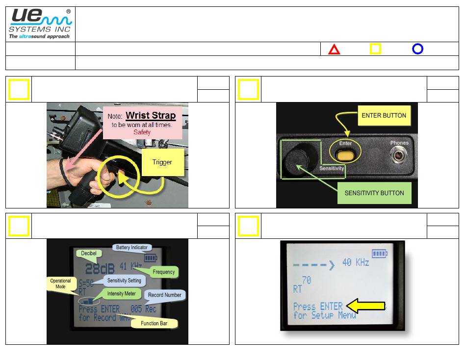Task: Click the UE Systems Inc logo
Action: click(x=40, y=24)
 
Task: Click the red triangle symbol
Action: click(x=334, y=49)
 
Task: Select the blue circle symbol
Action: click(x=417, y=49)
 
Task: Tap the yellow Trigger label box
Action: click(x=162, y=162)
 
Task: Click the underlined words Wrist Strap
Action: click(x=151, y=116)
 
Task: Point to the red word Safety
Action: click(x=142, y=132)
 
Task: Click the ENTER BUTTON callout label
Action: click(x=384, y=116)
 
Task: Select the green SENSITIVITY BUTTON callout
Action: click(x=374, y=193)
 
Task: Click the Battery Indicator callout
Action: click(x=132, y=248)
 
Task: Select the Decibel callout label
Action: click(x=89, y=253)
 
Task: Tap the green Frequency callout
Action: click(x=163, y=271)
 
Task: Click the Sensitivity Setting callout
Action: click(x=124, y=281)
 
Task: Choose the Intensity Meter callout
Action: click(x=122, y=294)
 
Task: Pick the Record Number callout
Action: click(x=164, y=295)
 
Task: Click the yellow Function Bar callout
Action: click(x=154, y=323)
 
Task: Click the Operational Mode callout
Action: click(x=60, y=284)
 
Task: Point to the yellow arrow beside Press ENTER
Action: click(x=365, y=306)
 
